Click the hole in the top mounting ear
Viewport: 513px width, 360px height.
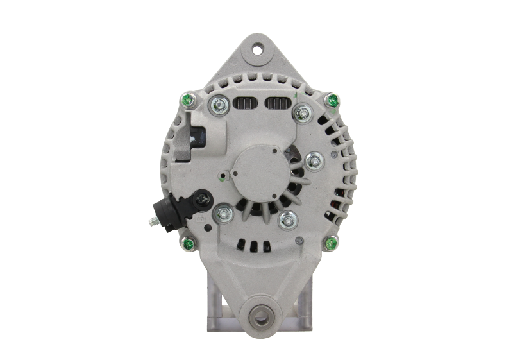pyautogui.click(x=258, y=49)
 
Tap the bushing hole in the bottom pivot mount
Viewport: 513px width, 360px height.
pyautogui.click(x=258, y=315)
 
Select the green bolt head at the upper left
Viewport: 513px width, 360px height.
pyautogui.click(x=187, y=100)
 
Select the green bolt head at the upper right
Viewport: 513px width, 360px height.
pyautogui.click(x=332, y=100)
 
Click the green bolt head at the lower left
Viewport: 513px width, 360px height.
pyautogui.click(x=189, y=244)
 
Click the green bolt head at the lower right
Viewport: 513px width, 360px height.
pyautogui.click(x=332, y=243)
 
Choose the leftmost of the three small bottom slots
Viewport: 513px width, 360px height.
pyautogui.click(x=239, y=243)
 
